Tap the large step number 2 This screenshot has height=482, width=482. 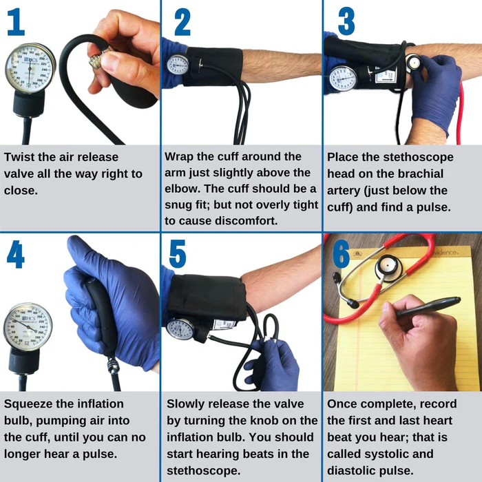pyautogui.click(x=182, y=23)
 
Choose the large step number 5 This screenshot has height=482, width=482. pyautogui.click(x=178, y=255)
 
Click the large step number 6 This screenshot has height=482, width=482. pyautogui.click(x=342, y=255)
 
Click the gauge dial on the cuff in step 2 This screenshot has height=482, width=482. pyautogui.click(x=178, y=64)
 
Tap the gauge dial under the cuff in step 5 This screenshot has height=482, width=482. pyautogui.click(x=181, y=328)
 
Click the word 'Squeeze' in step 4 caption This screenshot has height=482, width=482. pyautogui.click(x=30, y=404)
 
